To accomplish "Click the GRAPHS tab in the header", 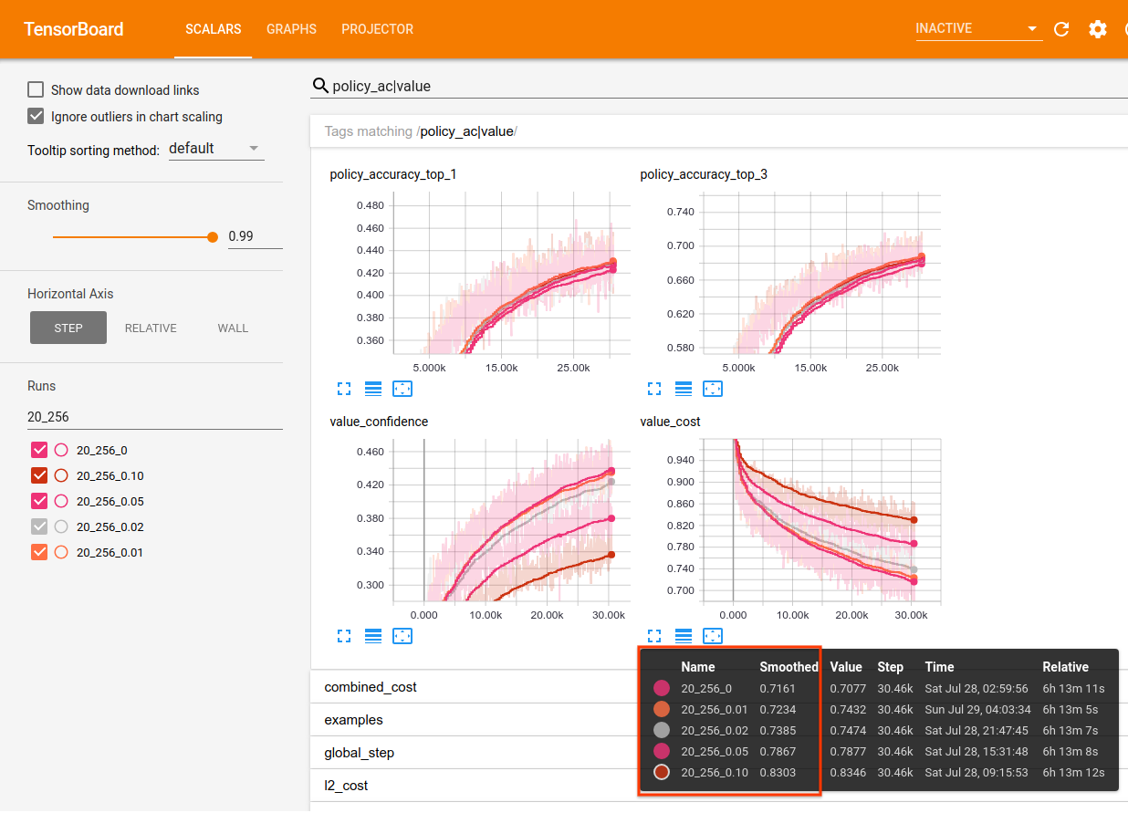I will click(291, 29).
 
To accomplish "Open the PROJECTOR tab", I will click(377, 29).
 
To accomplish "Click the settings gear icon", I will click(1097, 29).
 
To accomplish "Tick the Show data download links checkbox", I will click(36, 89).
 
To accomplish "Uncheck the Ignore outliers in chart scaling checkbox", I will click(36, 116).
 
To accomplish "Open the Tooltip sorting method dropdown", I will click(216, 149).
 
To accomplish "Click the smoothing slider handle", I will click(213, 236).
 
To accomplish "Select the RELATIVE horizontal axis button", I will click(151, 328).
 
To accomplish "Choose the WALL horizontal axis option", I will click(233, 328).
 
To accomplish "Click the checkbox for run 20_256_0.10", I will click(39, 475).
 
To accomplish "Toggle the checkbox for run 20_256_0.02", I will click(39, 526).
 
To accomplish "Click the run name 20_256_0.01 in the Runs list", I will click(110, 552).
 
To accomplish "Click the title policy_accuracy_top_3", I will click(704, 174).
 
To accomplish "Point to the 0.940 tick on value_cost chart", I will click(678, 460).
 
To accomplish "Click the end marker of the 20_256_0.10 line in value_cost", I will click(914, 520).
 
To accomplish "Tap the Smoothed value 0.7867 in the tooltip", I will click(778, 751).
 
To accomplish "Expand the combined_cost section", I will click(371, 687).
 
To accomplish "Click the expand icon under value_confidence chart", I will click(344, 635).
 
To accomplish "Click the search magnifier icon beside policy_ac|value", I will click(320, 86).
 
